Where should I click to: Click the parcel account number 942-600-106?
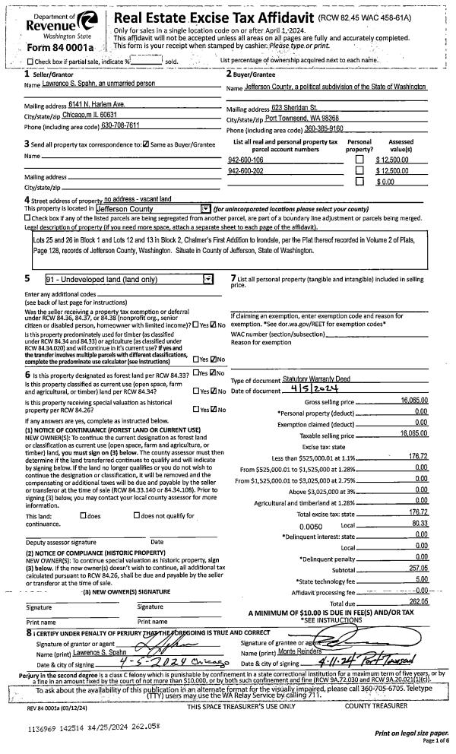245,160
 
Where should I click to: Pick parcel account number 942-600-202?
245,172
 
